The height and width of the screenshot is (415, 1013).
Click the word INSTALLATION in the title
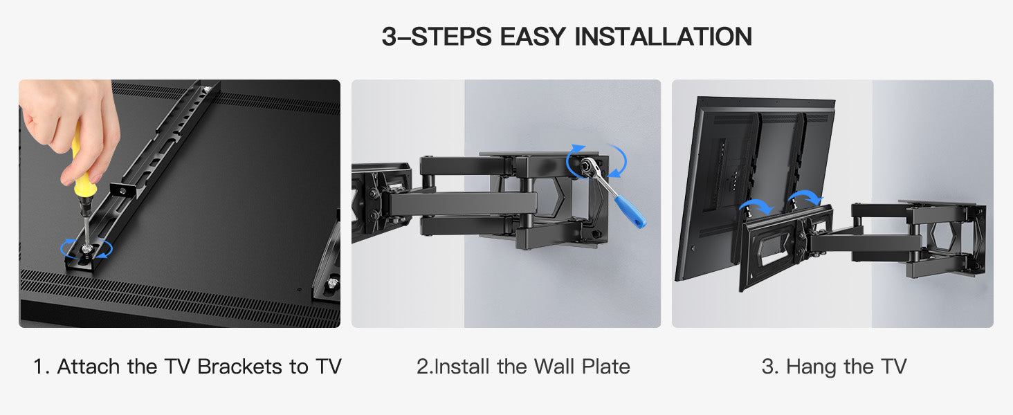coord(664,36)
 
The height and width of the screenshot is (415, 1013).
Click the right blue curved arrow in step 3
coord(804,198)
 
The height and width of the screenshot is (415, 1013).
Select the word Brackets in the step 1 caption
coord(239,367)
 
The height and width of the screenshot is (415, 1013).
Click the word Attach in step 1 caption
coord(89,367)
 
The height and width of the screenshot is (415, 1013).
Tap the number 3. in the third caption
coord(770,367)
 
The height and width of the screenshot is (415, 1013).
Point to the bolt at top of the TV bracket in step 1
coord(206,89)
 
